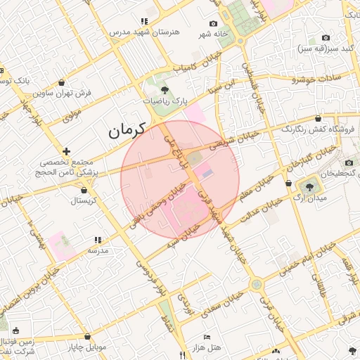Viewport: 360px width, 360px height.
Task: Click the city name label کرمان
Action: pos(126,130)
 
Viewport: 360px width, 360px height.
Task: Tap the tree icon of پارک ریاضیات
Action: pos(165,90)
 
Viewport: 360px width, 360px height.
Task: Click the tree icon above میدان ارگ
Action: pos(310,186)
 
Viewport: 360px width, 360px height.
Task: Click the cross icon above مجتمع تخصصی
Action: pos(67,151)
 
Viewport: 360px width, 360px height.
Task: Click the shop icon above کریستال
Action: pos(84,190)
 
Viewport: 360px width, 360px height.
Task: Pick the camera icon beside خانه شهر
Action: pos(214,23)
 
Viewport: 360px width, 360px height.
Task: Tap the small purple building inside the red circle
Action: pos(206,171)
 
